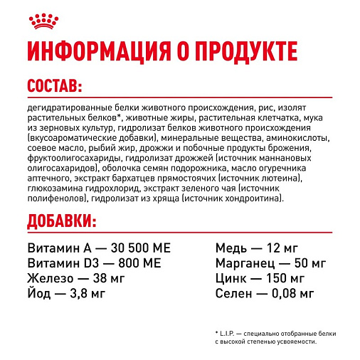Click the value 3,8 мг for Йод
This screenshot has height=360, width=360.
(x=90, y=292)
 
